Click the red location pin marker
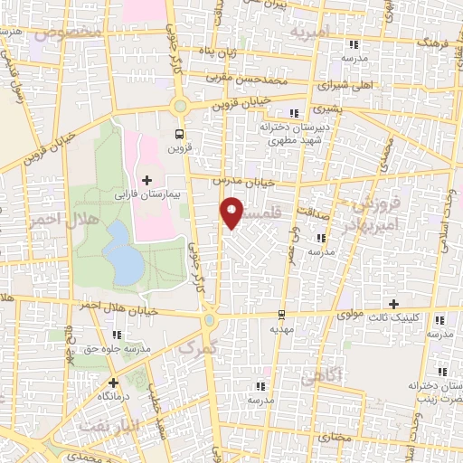[233, 213]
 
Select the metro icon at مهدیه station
[282, 316]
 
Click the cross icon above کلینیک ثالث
[392, 304]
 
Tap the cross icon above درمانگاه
[113, 383]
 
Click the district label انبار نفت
[109, 423]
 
